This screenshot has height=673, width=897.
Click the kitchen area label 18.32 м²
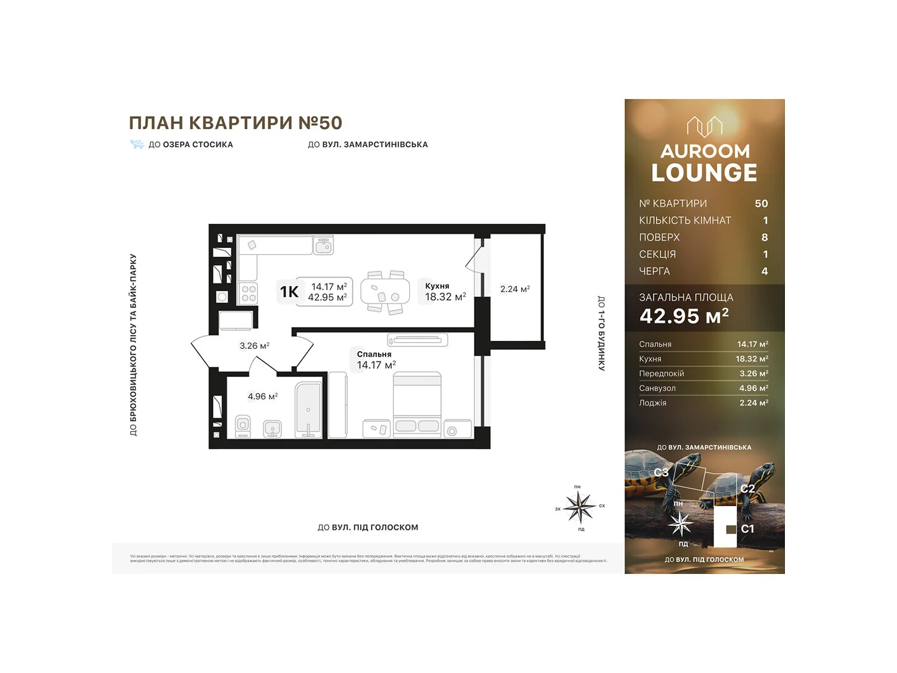pyautogui.click(x=445, y=297)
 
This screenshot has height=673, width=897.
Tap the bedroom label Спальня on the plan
pyautogui.click(x=374, y=354)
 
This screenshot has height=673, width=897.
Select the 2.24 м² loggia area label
pyautogui.click(x=515, y=289)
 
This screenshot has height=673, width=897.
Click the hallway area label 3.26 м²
pyautogui.click(x=255, y=345)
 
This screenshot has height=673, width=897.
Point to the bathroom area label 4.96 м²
pyautogui.click(x=263, y=397)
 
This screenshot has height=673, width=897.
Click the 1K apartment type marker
pyautogui.click(x=289, y=292)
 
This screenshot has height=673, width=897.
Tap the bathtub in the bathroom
pyautogui.click(x=308, y=409)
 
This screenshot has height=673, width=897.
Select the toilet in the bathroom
pyautogui.click(x=243, y=426)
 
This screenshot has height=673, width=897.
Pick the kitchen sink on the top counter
pyautogui.click(x=323, y=245)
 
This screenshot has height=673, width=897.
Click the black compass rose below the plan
pyautogui.click(x=579, y=507)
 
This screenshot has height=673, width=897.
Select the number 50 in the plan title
pyautogui.click(x=330, y=123)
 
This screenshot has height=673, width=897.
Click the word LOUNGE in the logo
pyautogui.click(x=704, y=173)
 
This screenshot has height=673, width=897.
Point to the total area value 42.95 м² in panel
pyautogui.click(x=684, y=316)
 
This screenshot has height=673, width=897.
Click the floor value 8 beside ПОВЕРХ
pyautogui.click(x=764, y=237)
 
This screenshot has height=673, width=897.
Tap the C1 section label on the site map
pyautogui.click(x=747, y=529)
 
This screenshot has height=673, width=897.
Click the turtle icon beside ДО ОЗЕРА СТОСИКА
pyautogui.click(x=137, y=144)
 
